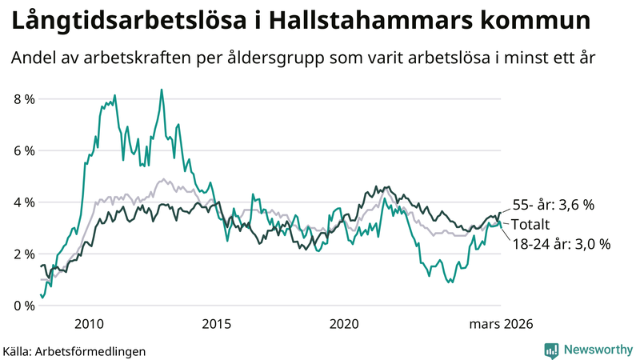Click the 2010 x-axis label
(89, 324)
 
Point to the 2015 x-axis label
(216, 324)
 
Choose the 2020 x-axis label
(343, 324)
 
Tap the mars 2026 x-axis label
(500, 324)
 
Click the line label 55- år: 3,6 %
(554, 205)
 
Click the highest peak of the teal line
(162, 90)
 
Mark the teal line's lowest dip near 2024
(451, 282)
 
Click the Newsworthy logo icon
(551, 350)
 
